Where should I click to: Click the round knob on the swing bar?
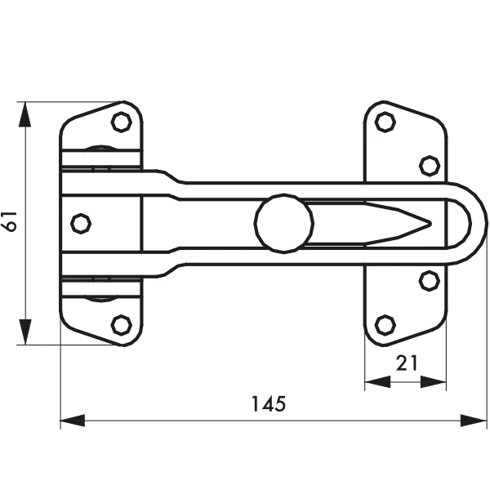[283, 222]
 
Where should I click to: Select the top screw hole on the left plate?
[121, 122]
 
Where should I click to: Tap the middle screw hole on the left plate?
[80, 222]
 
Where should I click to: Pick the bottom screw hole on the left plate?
[121, 324]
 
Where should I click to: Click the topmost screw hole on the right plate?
[385, 122]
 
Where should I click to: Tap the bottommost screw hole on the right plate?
[385, 324]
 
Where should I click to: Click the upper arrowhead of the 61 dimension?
[26, 113]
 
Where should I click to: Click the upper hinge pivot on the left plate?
[102, 149]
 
